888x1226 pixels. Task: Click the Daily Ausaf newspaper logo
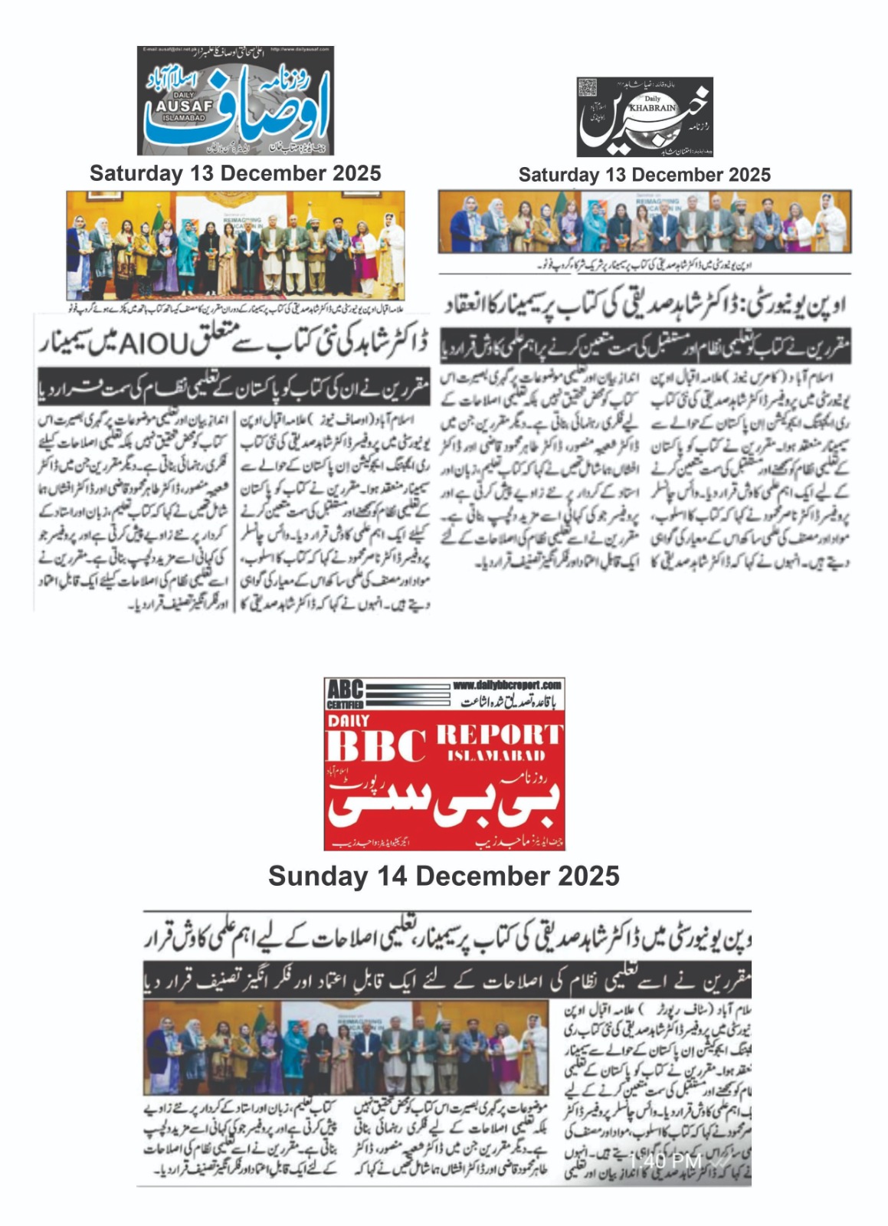236,101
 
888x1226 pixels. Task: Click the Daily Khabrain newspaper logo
644,116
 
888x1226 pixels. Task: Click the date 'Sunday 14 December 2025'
444,876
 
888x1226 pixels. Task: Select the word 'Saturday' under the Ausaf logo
134,173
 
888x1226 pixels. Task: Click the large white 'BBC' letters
375,746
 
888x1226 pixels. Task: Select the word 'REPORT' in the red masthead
499,735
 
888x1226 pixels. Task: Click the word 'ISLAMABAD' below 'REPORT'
496,756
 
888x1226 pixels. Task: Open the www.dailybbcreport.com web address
506,685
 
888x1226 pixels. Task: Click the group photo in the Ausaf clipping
234,245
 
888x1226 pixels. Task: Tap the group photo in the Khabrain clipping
644,221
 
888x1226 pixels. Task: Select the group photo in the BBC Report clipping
346,1047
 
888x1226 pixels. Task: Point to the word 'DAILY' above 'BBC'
349,720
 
